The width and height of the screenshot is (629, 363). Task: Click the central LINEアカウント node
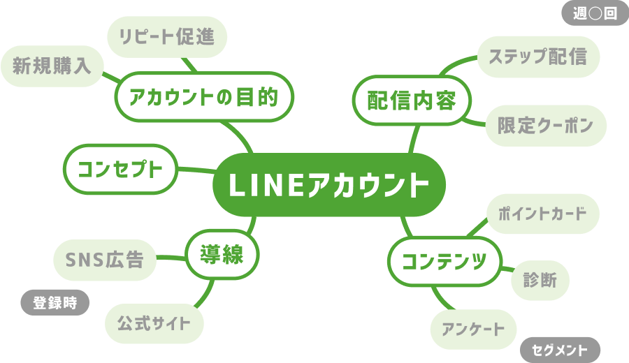(329, 185)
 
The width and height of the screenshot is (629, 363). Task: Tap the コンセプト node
(120, 168)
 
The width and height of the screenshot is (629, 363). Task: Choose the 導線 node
(222, 254)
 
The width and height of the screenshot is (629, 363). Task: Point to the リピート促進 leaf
(168, 36)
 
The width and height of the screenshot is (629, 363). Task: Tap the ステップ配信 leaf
(538, 56)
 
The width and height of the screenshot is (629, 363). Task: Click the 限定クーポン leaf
(545, 126)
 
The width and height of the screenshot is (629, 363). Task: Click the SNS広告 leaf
(105, 260)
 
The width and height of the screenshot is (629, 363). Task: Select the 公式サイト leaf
(154, 323)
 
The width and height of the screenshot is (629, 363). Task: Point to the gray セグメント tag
(560, 349)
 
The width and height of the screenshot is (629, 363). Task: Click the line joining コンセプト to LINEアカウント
(195, 169)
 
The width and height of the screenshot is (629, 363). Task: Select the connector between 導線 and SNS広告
(170, 258)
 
